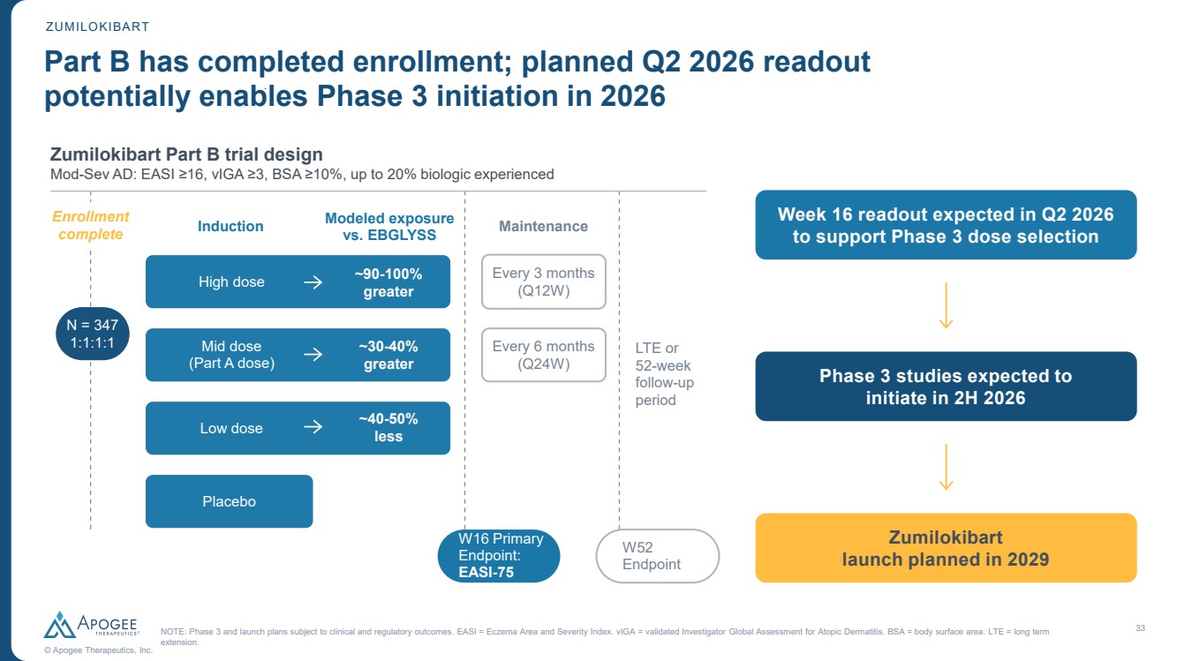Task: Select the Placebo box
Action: (229, 501)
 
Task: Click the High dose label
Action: (231, 282)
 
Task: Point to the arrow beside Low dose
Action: (313, 428)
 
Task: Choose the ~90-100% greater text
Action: (389, 282)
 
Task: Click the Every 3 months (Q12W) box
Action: (543, 282)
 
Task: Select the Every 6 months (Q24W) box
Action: (543, 355)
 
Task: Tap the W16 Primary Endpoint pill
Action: (499, 556)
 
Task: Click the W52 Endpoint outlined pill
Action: (657, 556)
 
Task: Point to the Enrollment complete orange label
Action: (90, 225)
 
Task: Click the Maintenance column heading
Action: (543, 226)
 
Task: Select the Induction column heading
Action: (230, 226)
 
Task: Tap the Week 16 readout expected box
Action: (946, 225)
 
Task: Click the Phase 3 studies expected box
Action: (946, 387)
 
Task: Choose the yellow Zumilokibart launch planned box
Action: (946, 548)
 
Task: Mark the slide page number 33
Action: (1140, 627)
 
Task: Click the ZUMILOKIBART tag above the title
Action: (97, 26)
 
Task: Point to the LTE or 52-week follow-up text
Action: (663, 374)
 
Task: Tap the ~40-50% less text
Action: (389, 428)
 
